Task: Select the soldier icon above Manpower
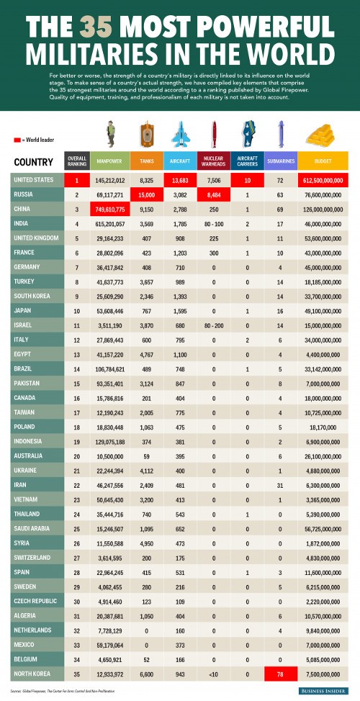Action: (110, 134)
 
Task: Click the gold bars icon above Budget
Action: (320, 135)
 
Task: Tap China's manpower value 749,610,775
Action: (110, 209)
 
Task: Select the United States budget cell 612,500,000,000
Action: (320, 180)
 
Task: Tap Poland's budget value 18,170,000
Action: (320, 426)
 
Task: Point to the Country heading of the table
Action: (32, 161)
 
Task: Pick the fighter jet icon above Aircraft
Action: (179, 135)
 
